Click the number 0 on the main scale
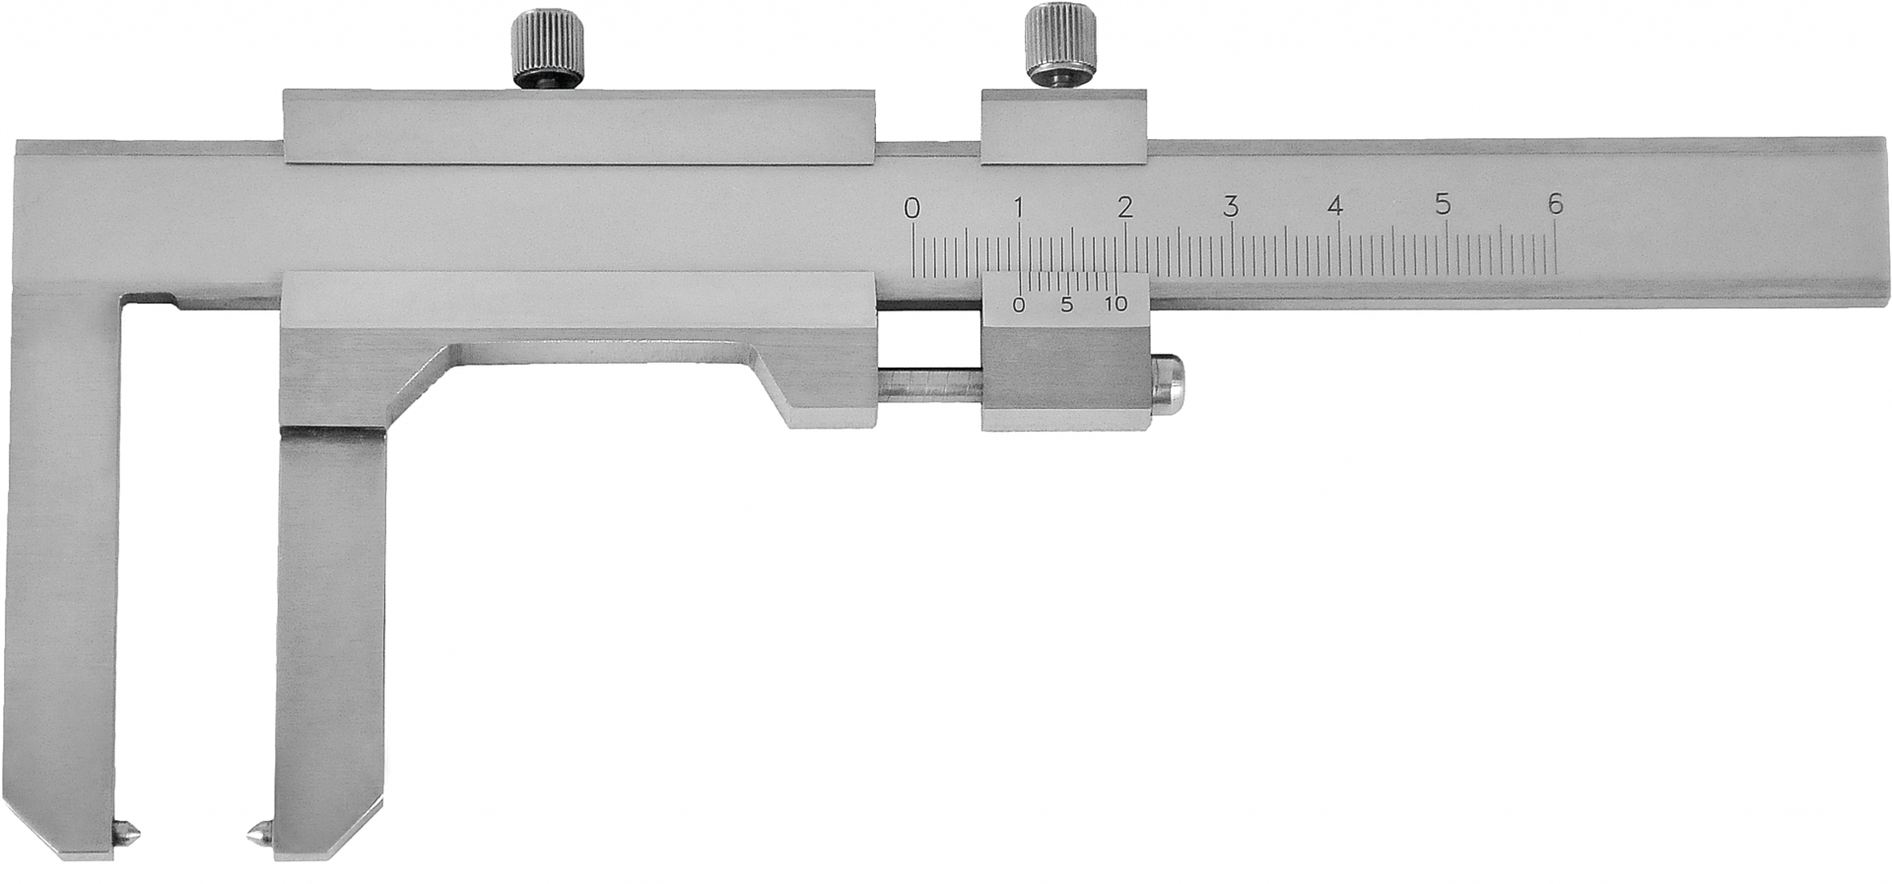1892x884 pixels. point(912,208)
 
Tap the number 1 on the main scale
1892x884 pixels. point(1019,208)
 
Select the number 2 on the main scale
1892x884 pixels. point(1124,208)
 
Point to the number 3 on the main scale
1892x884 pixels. point(1231,208)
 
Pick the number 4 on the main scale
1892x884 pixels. point(1336,208)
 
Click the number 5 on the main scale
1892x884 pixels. point(1443,206)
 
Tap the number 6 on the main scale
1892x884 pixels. point(1555,205)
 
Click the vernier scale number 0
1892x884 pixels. point(1019,305)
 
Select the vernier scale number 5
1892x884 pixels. point(1066,305)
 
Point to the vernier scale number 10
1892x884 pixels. point(1115,305)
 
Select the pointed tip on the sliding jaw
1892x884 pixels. point(259,834)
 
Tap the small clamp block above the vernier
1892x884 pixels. point(1063,126)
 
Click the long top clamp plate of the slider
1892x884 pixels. point(577,125)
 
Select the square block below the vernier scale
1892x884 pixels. point(1064,379)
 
